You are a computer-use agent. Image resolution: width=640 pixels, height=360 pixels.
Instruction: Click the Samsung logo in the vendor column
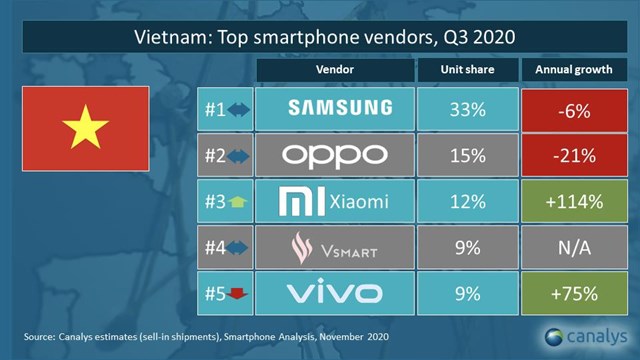pyautogui.click(x=334, y=109)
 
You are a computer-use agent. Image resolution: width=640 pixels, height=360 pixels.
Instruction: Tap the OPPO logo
pyautogui.click(x=334, y=155)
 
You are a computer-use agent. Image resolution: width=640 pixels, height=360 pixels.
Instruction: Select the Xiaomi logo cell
pyautogui.click(x=334, y=202)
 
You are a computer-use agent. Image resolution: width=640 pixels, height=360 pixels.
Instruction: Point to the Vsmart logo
pyautogui.click(x=334, y=247)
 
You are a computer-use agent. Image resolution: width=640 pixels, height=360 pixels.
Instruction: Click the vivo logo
pyautogui.click(x=334, y=293)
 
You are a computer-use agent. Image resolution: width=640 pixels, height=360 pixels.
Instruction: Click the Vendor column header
pyautogui.click(x=334, y=72)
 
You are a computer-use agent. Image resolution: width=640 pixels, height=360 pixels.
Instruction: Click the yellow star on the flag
pyautogui.click(x=85, y=128)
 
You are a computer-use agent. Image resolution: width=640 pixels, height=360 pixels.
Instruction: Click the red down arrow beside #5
pyautogui.click(x=236, y=294)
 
